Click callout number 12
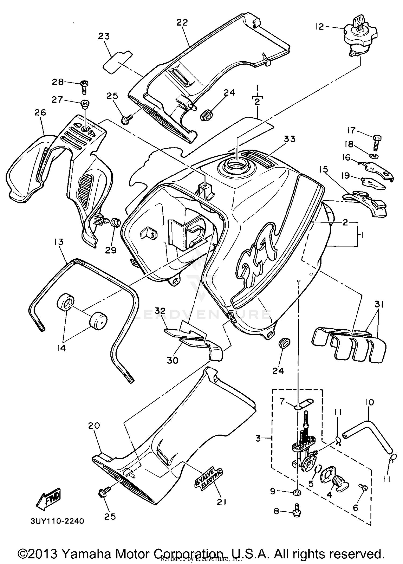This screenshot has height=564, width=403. (x=320, y=27)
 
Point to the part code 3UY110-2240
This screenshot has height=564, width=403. (x=57, y=521)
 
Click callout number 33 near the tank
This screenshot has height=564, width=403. (x=289, y=139)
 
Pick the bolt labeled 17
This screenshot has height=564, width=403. (x=377, y=142)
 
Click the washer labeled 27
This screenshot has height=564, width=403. (x=85, y=103)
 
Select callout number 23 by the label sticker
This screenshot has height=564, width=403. (x=104, y=36)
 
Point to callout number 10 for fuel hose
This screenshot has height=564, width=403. (x=369, y=403)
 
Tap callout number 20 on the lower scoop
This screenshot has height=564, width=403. (x=94, y=425)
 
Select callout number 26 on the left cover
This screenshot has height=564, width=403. (x=40, y=112)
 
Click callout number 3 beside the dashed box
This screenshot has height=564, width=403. (x=258, y=439)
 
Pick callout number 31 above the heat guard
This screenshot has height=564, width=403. (x=379, y=304)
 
